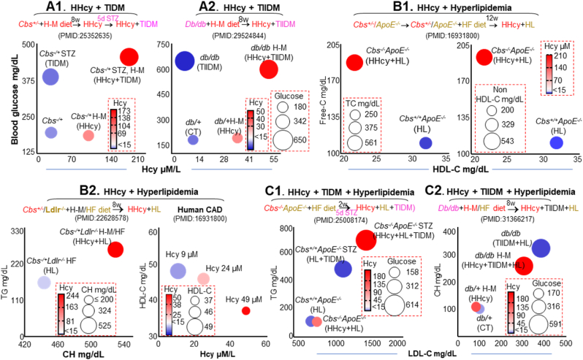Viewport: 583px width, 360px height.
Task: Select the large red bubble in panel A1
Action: point(129,57)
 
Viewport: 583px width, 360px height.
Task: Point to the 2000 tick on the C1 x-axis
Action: point(395,342)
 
